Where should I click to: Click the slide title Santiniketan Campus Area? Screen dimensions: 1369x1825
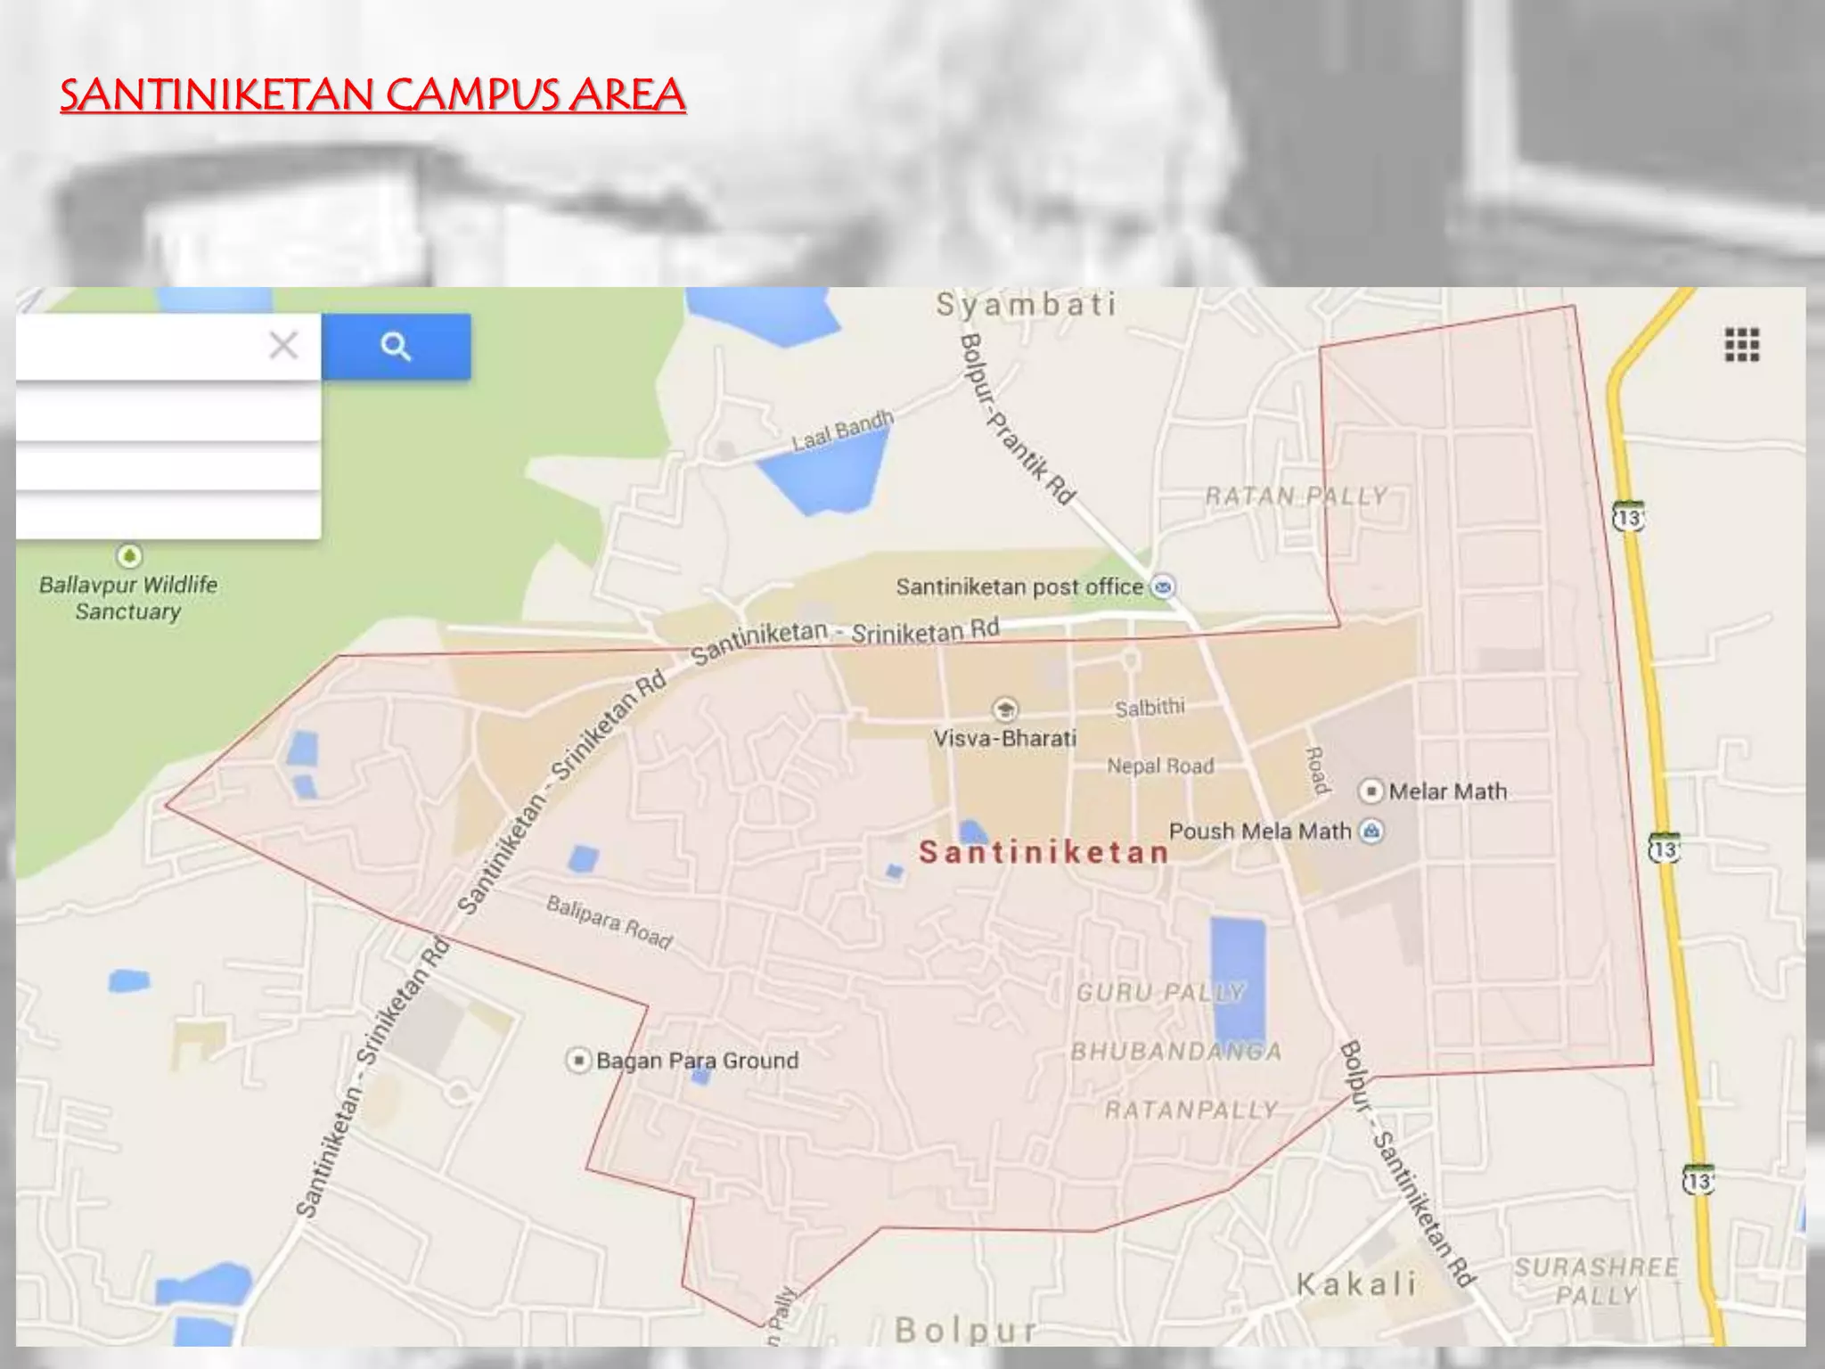pyautogui.click(x=372, y=95)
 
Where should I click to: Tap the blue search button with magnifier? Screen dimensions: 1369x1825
pyautogui.click(x=396, y=346)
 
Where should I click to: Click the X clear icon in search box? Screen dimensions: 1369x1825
pyautogui.click(x=283, y=345)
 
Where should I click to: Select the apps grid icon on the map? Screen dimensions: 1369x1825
pyautogui.click(x=1741, y=345)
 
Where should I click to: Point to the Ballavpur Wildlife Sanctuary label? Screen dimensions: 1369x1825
pyautogui.click(x=128, y=598)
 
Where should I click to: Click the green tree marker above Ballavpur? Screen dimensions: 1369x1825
pyautogui.click(x=129, y=556)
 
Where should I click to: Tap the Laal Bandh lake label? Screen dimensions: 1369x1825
pyautogui.click(x=842, y=430)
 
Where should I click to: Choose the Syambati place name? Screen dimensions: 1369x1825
pyautogui.click(x=1026, y=305)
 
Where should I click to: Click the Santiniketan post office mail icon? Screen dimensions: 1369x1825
pyautogui.click(x=1163, y=586)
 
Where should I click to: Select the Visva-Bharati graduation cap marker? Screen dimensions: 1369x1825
pyautogui.click(x=1005, y=709)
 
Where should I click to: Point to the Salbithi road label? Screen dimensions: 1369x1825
pyautogui.click(x=1150, y=708)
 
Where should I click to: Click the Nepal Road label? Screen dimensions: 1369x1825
pyautogui.click(x=1160, y=766)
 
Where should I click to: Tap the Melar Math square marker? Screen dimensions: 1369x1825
pyautogui.click(x=1371, y=791)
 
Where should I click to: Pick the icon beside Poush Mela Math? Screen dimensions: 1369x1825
pyautogui.click(x=1371, y=832)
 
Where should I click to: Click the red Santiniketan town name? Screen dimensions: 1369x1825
pyautogui.click(x=1043, y=852)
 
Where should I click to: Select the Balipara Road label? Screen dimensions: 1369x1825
pyautogui.click(x=610, y=922)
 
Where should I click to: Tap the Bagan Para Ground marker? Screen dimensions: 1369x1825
pyautogui.click(x=579, y=1061)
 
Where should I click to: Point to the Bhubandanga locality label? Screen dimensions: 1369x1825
pyautogui.click(x=1176, y=1052)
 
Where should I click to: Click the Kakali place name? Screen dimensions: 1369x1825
pyautogui.click(x=1355, y=1284)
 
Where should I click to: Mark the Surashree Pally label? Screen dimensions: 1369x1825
pyautogui.click(x=1596, y=1281)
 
